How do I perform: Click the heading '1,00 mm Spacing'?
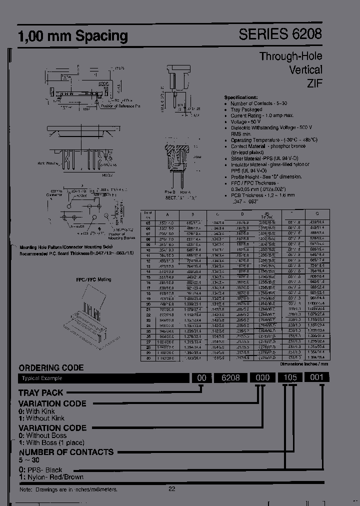coord(73,36)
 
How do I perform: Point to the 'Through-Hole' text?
coord(290,56)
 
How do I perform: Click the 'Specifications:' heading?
coord(241,96)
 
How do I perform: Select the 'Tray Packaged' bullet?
coord(246,109)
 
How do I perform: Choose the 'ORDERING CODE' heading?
coord(51,367)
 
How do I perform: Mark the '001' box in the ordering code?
coord(316,378)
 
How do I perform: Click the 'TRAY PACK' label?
coord(41,393)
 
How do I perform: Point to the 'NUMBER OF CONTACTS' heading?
coord(66,452)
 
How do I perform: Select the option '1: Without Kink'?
coord(41,418)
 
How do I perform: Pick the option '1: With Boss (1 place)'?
coord(52,442)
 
